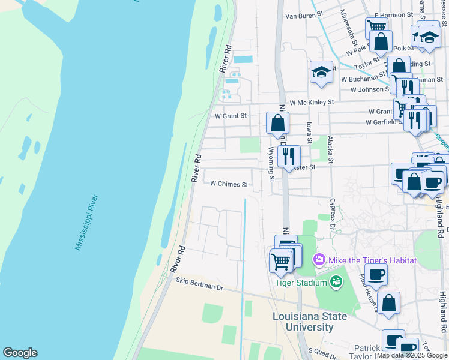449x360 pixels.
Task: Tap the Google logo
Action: [x=20, y=353]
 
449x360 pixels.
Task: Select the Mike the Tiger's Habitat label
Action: [x=372, y=260]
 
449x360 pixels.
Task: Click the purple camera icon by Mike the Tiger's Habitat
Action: [x=319, y=260]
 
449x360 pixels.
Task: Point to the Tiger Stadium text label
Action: [x=301, y=283]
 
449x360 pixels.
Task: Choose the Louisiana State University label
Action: [x=310, y=322]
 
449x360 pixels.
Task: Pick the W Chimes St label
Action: [x=229, y=184]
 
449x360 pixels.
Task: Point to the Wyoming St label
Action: [x=271, y=164]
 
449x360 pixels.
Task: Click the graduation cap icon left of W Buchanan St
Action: [x=321, y=72]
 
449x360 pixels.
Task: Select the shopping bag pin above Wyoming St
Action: [x=277, y=123]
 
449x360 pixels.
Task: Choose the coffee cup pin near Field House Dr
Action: [x=376, y=275]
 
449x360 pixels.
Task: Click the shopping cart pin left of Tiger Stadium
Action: [x=280, y=261]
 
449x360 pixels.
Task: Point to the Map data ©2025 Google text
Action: [x=412, y=355]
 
